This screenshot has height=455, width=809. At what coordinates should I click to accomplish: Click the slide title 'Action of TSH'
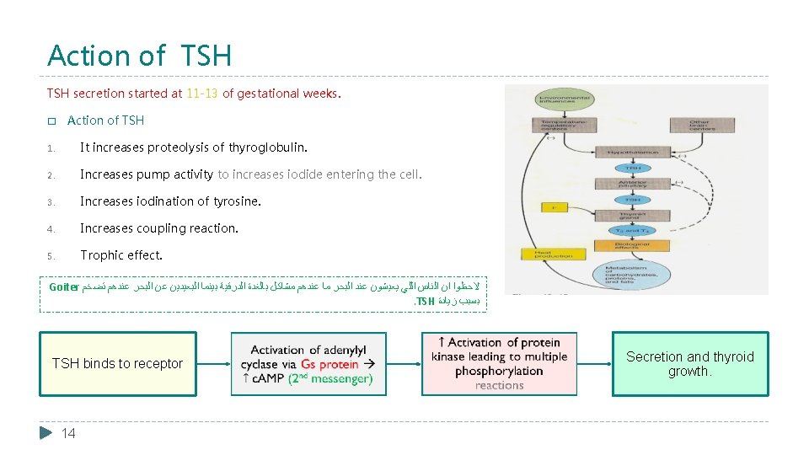139,56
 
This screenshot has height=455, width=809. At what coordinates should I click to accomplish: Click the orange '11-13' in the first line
202,94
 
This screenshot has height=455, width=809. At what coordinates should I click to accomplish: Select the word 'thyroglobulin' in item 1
266,147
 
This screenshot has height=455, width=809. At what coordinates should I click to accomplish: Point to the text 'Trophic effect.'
121,255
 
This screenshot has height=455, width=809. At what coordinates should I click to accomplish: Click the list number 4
51,228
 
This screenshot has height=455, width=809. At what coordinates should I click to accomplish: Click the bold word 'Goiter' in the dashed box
63,286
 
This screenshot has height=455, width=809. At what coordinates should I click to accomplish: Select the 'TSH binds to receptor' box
117,364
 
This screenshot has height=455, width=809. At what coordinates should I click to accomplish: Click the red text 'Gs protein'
329,364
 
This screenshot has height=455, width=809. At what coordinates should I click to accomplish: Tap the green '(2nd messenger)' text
330,379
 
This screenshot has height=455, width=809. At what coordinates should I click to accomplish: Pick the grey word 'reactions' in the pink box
499,385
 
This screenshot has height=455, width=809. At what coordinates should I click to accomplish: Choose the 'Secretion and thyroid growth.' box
689,364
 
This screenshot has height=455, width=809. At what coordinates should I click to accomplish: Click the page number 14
68,433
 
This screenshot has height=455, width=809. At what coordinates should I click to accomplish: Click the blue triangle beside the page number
46,433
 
